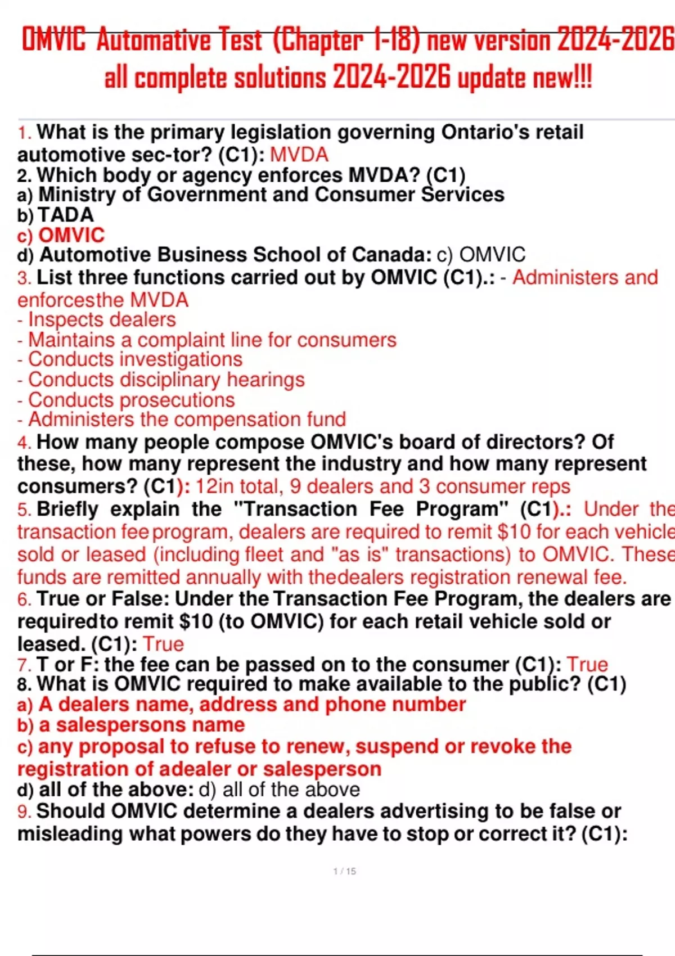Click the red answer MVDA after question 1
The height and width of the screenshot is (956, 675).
[299, 155]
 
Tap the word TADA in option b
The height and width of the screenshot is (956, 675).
[65, 215]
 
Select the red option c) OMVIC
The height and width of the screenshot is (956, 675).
[61, 235]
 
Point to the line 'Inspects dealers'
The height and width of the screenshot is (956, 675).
[97, 319]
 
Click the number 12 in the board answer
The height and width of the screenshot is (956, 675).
[205, 486]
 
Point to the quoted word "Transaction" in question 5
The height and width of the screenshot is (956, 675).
[294, 509]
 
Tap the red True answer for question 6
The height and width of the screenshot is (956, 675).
[163, 644]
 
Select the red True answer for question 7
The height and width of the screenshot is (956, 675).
[587, 664]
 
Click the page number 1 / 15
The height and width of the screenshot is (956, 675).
[344, 871]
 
